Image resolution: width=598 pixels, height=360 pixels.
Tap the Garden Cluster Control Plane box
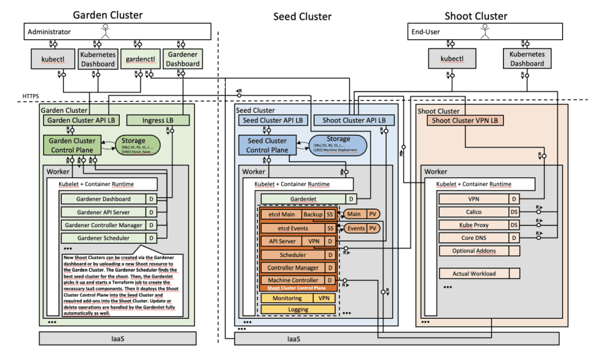pos(73,145)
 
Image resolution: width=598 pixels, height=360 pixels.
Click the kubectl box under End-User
pos(452,60)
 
